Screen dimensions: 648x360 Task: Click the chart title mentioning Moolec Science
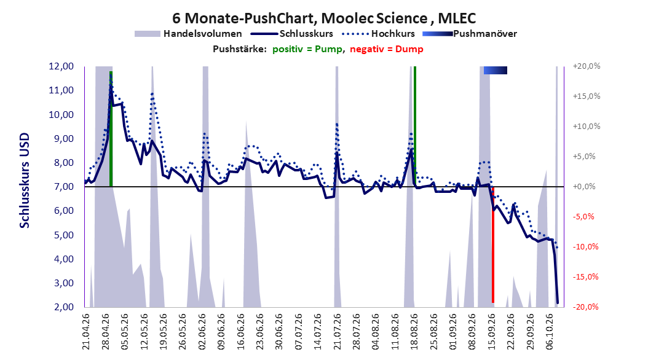(x=324, y=18)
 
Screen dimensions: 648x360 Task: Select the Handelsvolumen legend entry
(x=189, y=34)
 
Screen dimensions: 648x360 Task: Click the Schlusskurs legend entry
(x=292, y=34)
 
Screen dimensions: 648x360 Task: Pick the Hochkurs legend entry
(x=378, y=34)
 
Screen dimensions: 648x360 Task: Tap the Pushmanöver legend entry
(x=470, y=34)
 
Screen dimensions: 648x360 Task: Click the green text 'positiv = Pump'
(x=307, y=49)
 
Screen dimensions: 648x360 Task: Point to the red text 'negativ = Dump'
(x=387, y=49)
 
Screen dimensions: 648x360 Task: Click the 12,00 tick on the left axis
(x=61, y=66)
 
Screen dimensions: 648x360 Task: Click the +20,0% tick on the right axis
(x=587, y=66)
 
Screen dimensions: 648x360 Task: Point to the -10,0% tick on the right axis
(x=585, y=246)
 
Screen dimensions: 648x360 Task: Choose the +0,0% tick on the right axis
(x=584, y=187)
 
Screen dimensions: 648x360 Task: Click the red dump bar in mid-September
(x=493, y=245)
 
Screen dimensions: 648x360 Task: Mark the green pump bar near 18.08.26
(x=414, y=127)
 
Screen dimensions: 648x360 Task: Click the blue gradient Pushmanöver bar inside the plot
(x=495, y=71)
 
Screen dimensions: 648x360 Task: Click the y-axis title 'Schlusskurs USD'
(x=25, y=181)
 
